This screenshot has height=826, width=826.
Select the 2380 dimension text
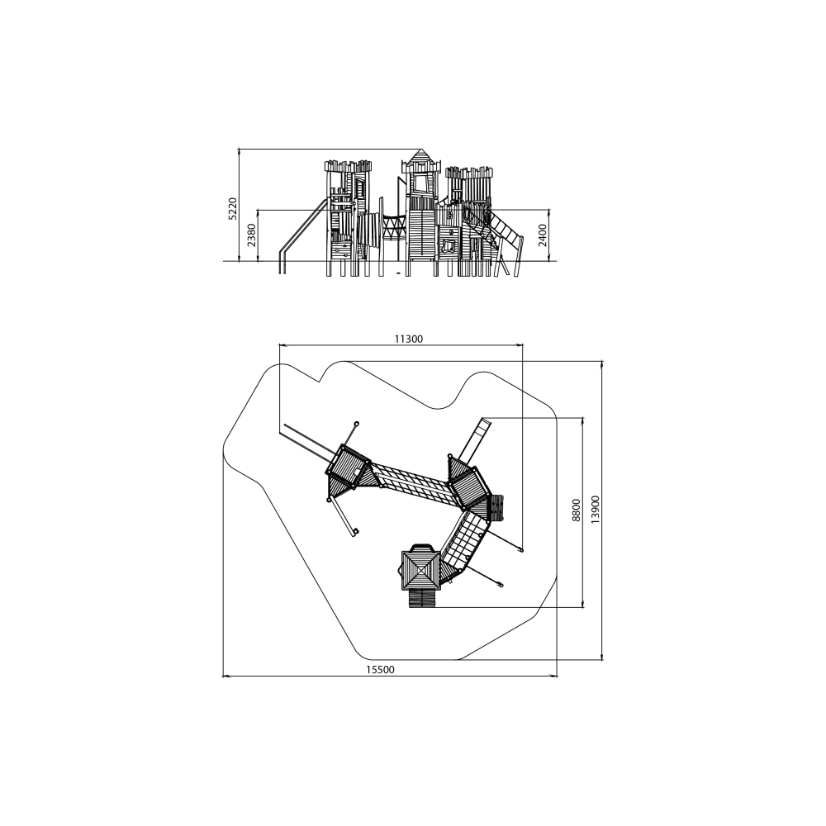pos(251,235)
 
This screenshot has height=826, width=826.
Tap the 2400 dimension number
pos(543,235)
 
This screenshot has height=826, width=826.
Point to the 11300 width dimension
pos(408,339)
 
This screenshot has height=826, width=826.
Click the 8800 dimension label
pos(577,510)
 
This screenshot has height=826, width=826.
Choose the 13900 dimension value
pos(596,510)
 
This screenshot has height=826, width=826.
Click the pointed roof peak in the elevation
pos(420,150)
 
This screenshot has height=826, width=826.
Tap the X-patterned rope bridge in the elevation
pos(394,230)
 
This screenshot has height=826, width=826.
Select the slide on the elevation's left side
pos(301,235)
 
